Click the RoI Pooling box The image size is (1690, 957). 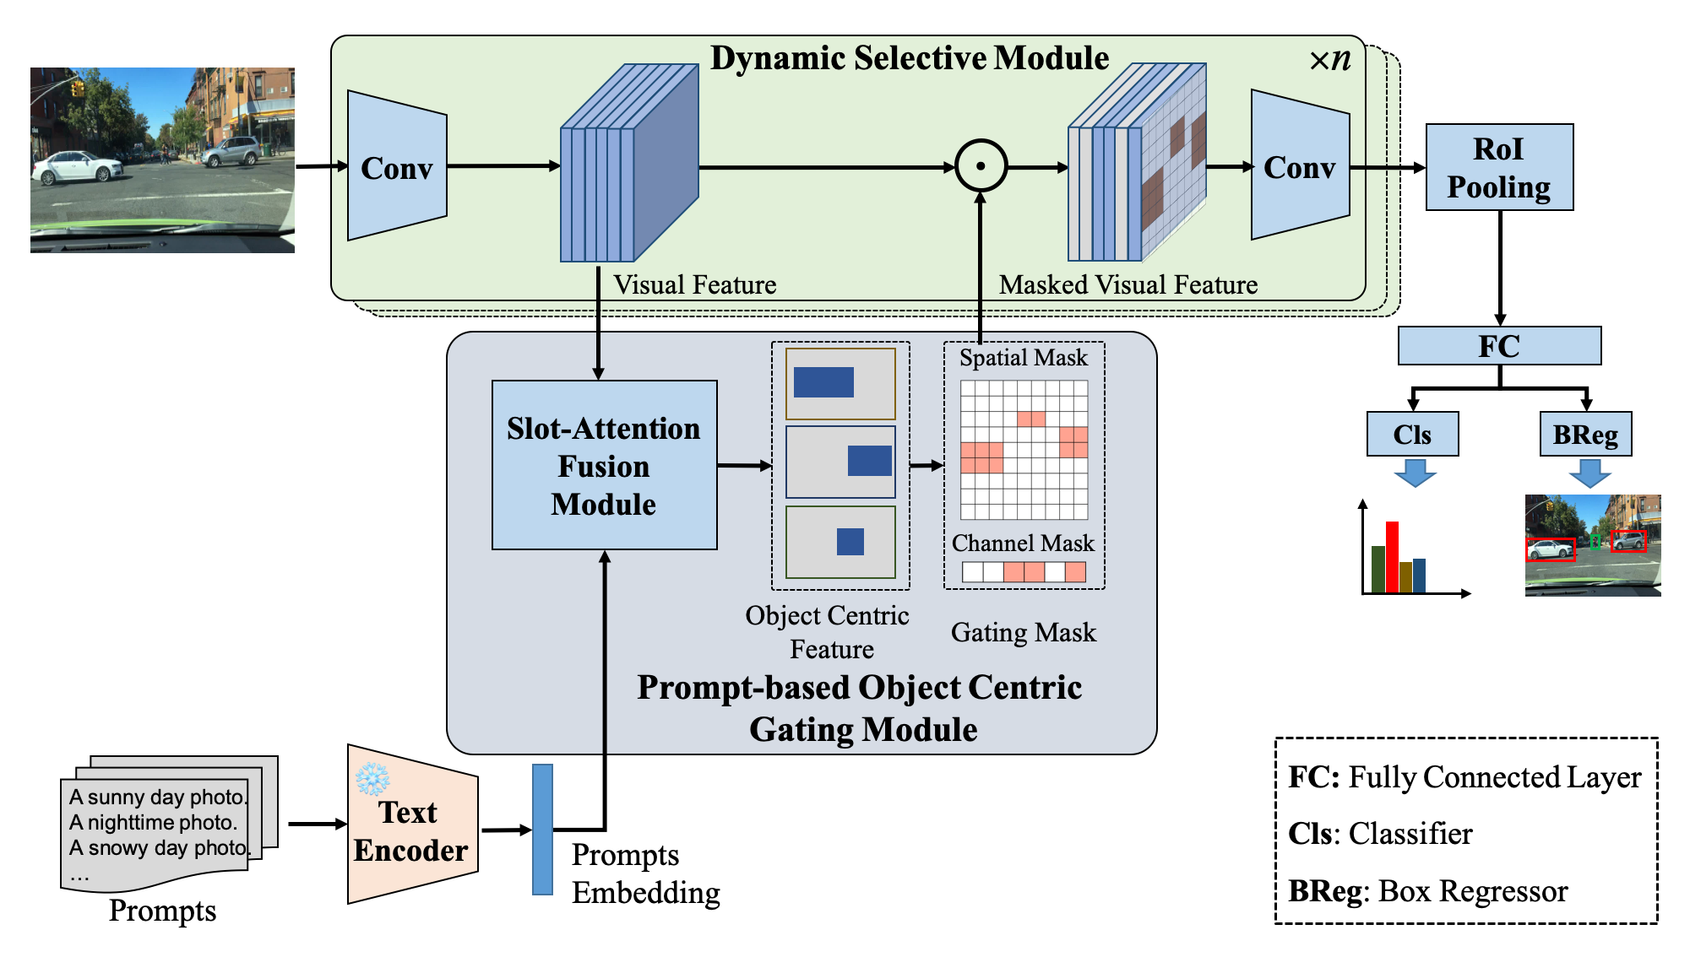pos(1499,167)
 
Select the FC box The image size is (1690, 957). pos(1499,346)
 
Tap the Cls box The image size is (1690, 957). pos(1412,435)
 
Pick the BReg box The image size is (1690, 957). pos(1585,435)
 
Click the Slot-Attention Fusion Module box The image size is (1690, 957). pos(604,466)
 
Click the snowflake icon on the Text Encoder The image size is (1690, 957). pos(372,779)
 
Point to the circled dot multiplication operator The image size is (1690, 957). pos(981,166)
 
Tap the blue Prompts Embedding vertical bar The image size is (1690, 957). pos(542,830)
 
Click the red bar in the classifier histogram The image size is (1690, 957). pos(1392,556)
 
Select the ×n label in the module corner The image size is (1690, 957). pos(1329,60)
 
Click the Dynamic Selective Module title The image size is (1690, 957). pos(909,58)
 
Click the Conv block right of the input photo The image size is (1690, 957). pos(396,167)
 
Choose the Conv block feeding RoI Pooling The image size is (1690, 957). pos(1299,166)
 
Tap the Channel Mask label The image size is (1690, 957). pos(1023,543)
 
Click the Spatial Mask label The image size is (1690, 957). pos(1023,358)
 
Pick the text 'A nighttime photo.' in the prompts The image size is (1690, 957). pos(153,822)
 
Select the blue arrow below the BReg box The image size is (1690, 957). pos(1589,473)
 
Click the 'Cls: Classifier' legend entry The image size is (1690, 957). pos(1380,834)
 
